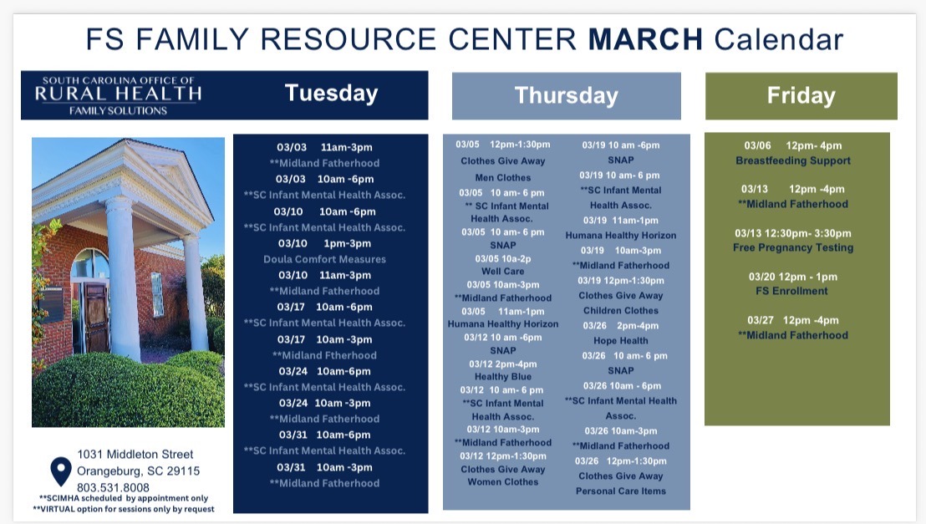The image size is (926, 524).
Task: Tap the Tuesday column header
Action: pos(331,93)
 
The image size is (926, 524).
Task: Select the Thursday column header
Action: pos(566,95)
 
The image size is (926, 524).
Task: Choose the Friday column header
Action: pos(801,95)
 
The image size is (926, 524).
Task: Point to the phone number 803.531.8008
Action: pos(113,487)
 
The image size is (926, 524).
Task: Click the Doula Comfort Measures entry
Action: pos(324,259)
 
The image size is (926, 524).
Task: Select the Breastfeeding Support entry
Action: pos(793,160)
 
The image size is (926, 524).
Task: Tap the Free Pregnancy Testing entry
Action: pos(793,247)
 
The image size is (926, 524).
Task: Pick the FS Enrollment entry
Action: pos(793,291)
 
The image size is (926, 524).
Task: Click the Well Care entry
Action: pos(502,271)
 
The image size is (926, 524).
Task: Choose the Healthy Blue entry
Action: pos(502,377)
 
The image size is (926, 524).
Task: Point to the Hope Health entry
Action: pos(621,341)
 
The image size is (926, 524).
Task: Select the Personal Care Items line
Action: pos(621,491)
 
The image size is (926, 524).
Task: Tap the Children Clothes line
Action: pos(621,310)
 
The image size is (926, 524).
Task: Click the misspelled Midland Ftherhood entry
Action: pos(324,355)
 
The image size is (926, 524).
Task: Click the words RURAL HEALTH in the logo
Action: pos(118,94)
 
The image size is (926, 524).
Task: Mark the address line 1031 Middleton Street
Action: pos(135,454)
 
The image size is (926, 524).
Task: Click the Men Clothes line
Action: pos(502,177)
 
